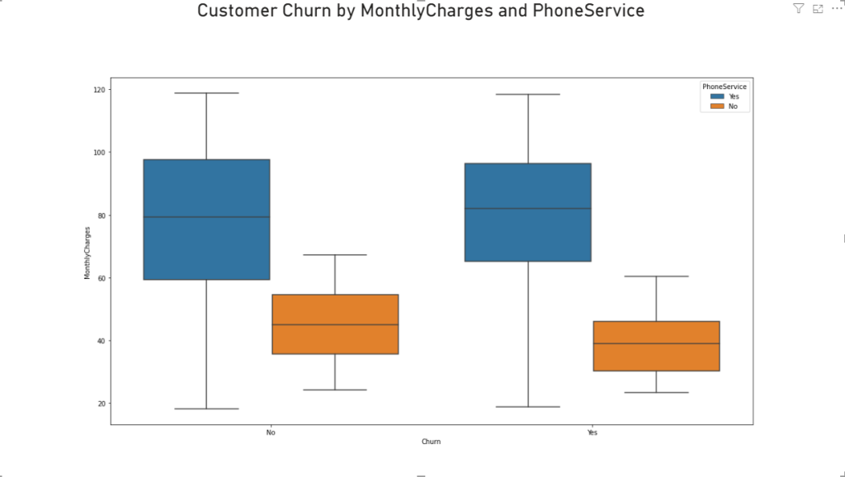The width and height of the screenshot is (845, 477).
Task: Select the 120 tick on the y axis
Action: [99, 89]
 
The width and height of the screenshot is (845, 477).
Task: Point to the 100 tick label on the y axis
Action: [99, 153]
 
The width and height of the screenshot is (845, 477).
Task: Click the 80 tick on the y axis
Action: [101, 215]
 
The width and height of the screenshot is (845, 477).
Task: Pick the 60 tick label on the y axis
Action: [101, 278]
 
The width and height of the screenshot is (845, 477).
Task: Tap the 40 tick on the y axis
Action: [101, 341]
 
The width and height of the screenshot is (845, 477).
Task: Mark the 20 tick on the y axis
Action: [101, 404]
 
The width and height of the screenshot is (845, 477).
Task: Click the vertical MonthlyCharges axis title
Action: [87, 253]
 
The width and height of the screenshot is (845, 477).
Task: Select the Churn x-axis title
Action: [431, 442]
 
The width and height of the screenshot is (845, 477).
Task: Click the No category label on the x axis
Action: [270, 432]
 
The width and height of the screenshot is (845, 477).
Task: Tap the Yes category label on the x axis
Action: [592, 432]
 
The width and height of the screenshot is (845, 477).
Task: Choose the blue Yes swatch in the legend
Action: [717, 97]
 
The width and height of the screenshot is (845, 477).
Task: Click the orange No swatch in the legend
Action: [717, 106]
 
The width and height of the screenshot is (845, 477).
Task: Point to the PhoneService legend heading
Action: [725, 87]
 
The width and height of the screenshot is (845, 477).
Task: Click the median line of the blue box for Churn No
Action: [206, 217]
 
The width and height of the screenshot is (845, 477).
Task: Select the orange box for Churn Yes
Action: [656, 346]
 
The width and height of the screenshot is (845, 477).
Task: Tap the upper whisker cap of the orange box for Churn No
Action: [334, 255]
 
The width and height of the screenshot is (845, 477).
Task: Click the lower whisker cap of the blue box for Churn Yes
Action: [527, 407]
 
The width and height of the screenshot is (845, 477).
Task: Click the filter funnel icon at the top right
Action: [798, 8]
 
